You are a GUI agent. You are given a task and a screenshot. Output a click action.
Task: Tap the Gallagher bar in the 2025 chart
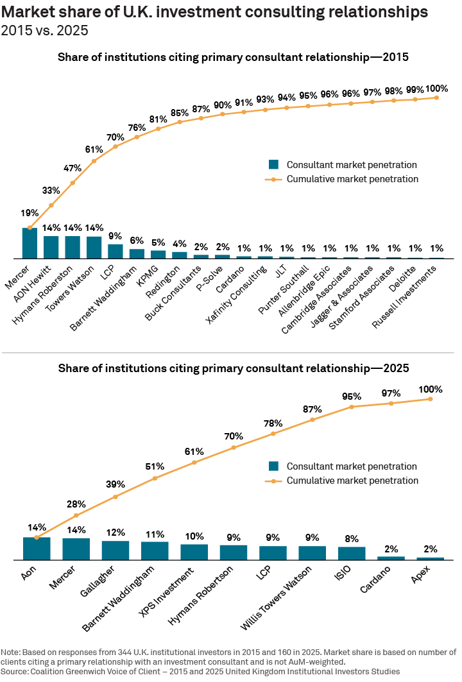[116, 550]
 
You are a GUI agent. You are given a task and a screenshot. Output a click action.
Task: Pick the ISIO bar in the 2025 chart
[352, 554]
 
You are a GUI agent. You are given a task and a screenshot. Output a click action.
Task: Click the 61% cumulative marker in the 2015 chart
[94, 160]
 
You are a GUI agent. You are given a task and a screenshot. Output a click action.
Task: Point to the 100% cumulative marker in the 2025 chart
[430, 399]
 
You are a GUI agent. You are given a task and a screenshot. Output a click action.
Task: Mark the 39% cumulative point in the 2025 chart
[116, 497]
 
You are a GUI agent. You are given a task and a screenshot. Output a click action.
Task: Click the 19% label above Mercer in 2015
[30, 213]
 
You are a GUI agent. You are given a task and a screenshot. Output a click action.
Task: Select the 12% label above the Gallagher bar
[116, 533]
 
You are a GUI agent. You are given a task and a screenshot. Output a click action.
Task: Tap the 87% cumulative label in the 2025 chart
[312, 409]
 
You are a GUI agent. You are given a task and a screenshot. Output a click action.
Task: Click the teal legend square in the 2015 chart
[273, 164]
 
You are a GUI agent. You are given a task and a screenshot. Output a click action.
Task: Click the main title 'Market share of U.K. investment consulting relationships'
[218, 12]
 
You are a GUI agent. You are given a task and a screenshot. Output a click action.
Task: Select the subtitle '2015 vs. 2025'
[45, 30]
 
